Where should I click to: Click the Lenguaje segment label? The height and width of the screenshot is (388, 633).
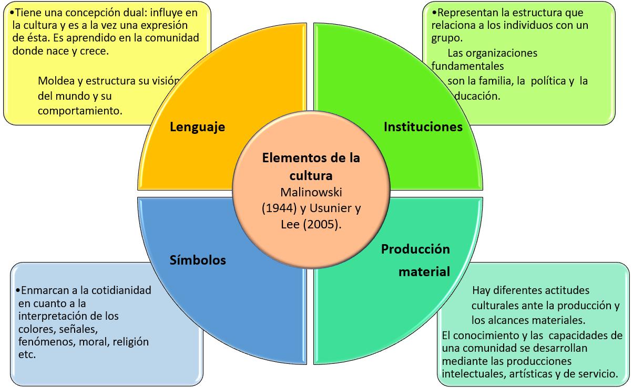coord(197,127)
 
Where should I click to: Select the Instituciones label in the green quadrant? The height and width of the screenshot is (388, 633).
coord(423,127)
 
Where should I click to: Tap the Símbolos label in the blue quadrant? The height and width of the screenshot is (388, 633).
coord(198,260)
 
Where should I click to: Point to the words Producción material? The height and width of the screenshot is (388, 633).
coord(415,260)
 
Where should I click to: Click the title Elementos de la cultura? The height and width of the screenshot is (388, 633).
coord(311,165)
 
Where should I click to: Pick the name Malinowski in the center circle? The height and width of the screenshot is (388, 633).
coord(311,191)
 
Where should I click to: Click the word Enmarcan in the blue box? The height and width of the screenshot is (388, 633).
coord(40,290)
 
